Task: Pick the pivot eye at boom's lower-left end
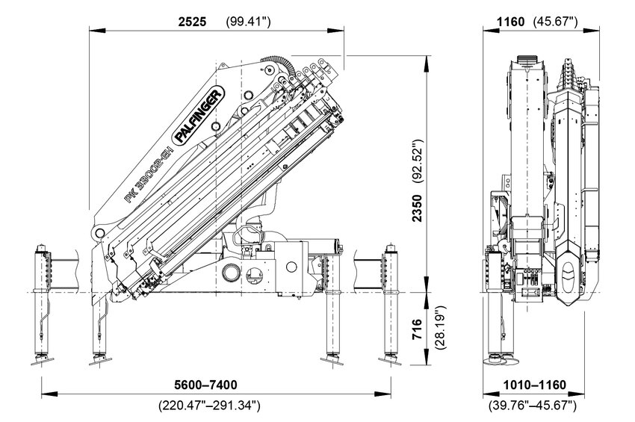click(98, 233)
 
